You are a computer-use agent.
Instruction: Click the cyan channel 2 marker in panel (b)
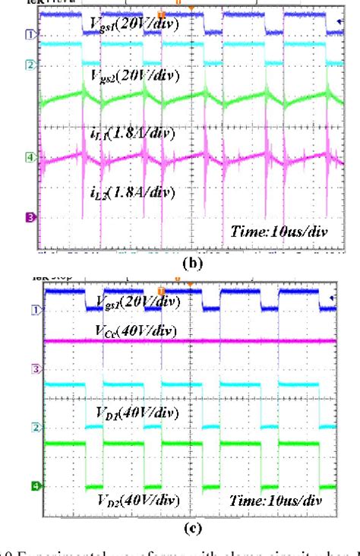tap(30, 65)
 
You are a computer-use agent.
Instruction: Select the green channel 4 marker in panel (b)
tap(30, 157)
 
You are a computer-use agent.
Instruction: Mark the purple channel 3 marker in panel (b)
tap(30, 217)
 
